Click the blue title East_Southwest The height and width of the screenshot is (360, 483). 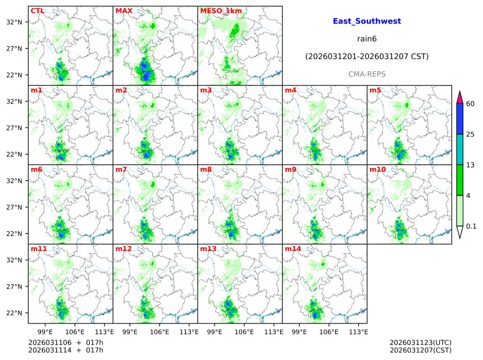367,21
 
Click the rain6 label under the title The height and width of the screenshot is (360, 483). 367,39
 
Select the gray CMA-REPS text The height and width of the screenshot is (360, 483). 367,74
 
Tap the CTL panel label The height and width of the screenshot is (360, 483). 37,11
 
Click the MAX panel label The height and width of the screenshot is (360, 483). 124,11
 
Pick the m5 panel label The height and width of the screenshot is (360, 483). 375,90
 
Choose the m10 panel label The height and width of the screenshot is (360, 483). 377,170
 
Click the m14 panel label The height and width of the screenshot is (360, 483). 293,249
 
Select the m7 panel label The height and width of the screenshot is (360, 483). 121,170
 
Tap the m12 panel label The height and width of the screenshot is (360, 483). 123,249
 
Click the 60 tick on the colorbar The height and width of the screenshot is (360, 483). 471,104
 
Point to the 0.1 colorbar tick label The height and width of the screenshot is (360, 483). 472,226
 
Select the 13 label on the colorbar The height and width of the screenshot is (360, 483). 471,165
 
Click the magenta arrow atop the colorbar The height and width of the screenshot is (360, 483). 460,97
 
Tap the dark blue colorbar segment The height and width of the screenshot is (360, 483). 460,119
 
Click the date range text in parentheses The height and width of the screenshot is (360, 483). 367,56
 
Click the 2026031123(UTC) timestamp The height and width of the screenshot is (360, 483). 420,342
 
